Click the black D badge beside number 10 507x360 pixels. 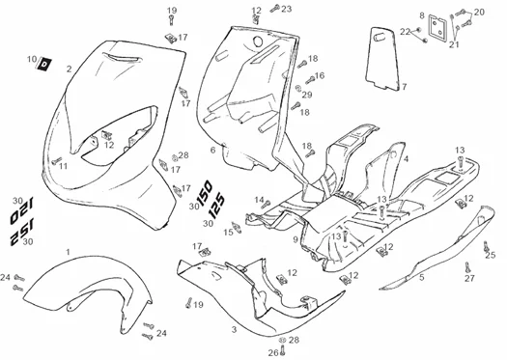click(44, 64)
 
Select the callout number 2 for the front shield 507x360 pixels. click(69, 69)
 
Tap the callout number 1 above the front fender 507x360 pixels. click(68, 252)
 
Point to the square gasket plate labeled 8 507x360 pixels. click(437, 27)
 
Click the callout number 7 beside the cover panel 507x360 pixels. click(405, 87)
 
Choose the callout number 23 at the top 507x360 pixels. click(286, 9)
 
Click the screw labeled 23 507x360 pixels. click(275, 8)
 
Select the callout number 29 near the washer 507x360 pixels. click(307, 95)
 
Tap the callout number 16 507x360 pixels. click(320, 75)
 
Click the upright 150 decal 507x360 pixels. click(205, 194)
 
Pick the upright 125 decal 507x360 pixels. click(216, 206)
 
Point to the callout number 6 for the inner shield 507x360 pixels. click(212, 150)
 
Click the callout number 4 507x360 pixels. click(407, 159)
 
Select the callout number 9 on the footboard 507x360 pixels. click(296, 239)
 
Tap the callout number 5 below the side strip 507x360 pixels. click(422, 277)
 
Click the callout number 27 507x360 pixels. click(469, 278)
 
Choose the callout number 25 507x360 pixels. click(491, 256)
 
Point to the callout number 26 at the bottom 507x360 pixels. click(273, 352)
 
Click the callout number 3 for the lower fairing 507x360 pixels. click(234, 330)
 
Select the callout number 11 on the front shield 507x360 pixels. click(64, 166)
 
